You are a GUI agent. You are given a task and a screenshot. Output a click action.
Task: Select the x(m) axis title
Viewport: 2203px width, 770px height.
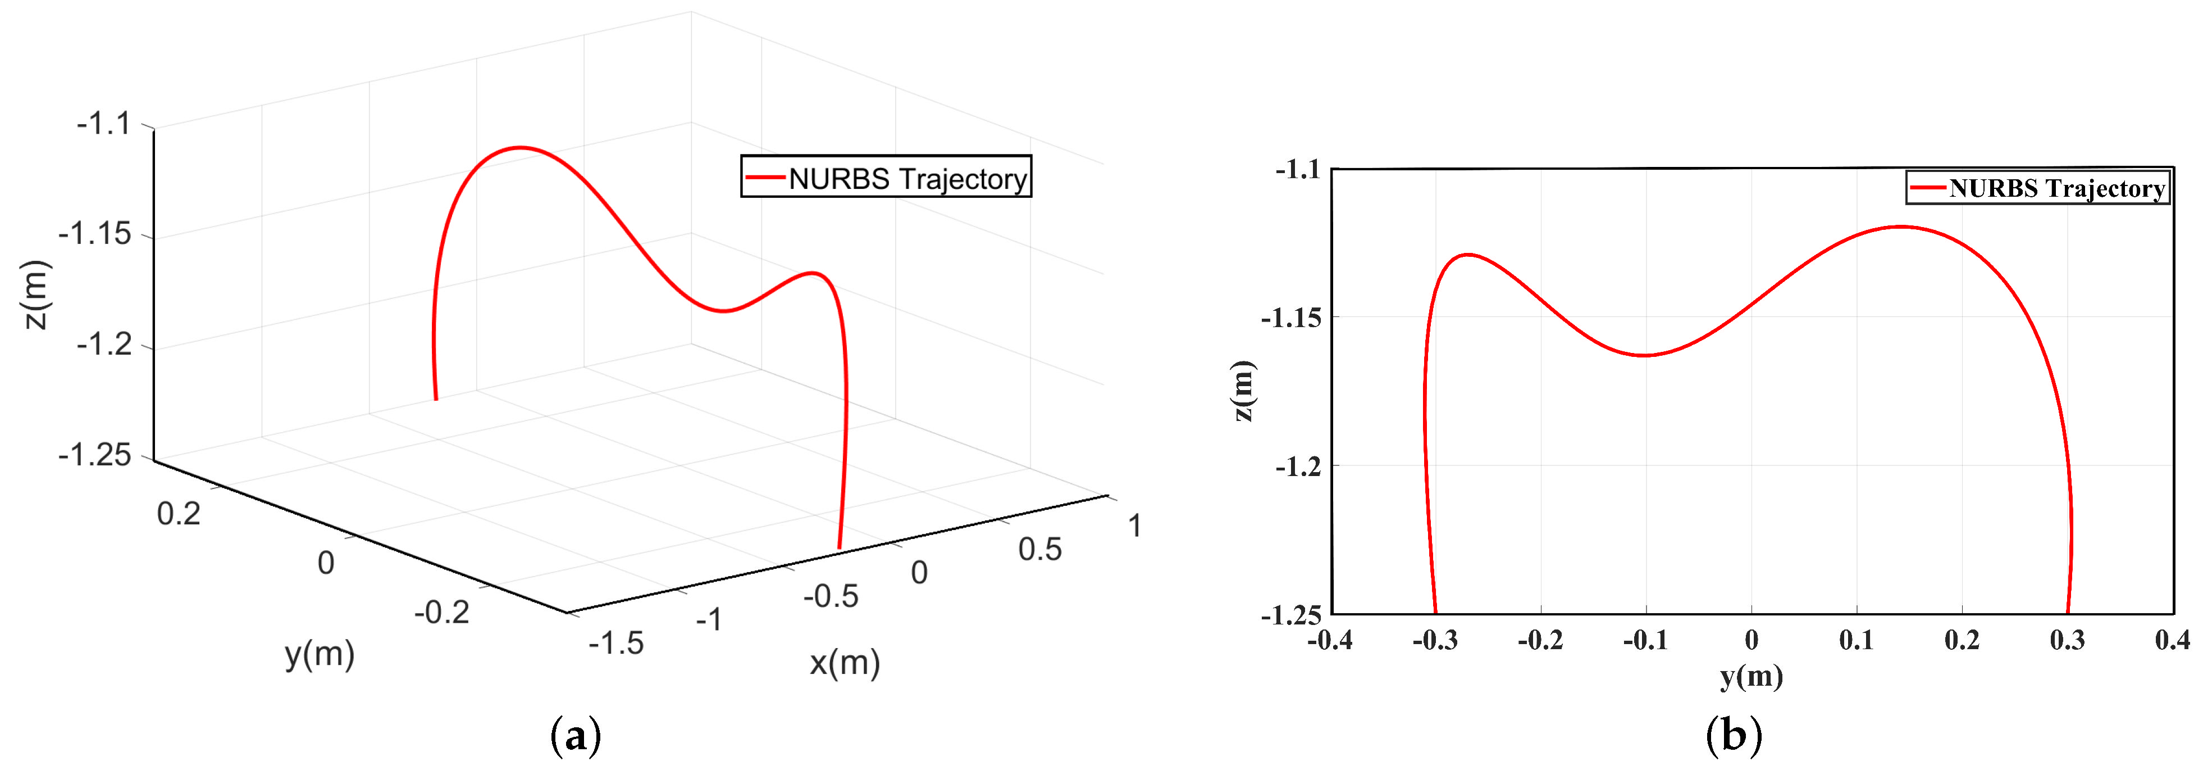pyautogui.click(x=844, y=662)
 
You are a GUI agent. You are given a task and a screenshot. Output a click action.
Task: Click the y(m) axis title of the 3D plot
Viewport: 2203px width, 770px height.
pyautogui.click(x=319, y=654)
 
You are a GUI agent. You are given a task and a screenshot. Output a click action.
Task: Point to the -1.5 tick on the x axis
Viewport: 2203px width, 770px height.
pyautogui.click(x=615, y=642)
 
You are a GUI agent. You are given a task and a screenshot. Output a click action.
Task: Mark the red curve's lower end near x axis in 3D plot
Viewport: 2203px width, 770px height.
pyautogui.click(x=839, y=547)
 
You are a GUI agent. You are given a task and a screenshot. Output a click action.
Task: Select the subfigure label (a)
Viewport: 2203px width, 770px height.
pyautogui.click(x=576, y=736)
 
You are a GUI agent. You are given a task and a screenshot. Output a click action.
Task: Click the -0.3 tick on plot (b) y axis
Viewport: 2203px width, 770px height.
pyautogui.click(x=1434, y=640)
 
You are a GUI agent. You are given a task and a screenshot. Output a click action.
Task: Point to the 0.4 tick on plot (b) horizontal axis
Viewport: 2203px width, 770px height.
pyautogui.click(x=2172, y=640)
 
